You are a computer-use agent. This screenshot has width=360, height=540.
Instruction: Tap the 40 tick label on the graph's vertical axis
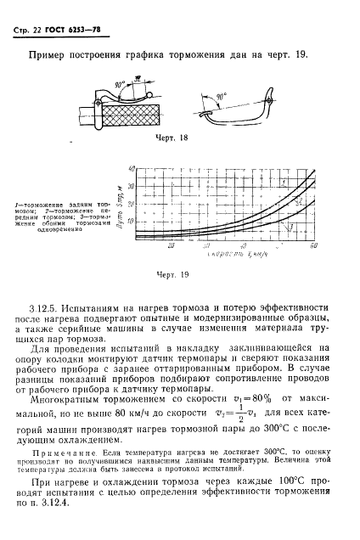[x=132, y=170]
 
